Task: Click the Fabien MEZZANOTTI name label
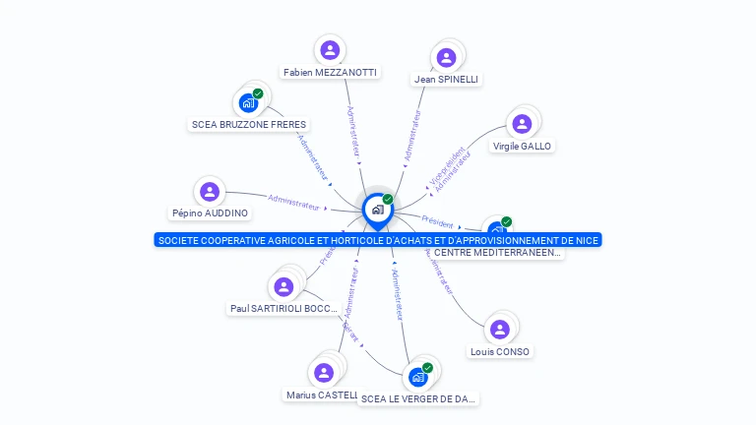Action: click(x=330, y=72)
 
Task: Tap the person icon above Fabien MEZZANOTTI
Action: click(x=330, y=50)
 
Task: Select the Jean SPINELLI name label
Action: click(x=447, y=79)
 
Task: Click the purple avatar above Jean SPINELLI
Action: click(x=447, y=57)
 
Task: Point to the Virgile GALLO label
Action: click(x=522, y=146)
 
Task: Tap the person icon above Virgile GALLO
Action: click(x=522, y=123)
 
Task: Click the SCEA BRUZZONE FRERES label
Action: click(x=249, y=125)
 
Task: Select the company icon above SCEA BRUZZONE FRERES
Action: click(x=249, y=102)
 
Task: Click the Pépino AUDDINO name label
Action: click(x=210, y=212)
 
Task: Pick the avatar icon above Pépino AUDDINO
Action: click(x=210, y=191)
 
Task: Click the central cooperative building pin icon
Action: click(x=377, y=210)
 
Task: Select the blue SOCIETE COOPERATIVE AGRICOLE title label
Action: click(x=377, y=240)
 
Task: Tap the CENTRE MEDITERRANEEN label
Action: click(x=498, y=253)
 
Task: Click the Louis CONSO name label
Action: click(x=500, y=351)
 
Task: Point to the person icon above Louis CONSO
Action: click(x=500, y=329)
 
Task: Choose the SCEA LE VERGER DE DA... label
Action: click(x=418, y=398)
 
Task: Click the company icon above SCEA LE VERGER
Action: click(x=418, y=377)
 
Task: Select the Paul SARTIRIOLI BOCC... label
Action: click(x=283, y=308)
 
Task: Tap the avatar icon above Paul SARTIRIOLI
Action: click(x=283, y=286)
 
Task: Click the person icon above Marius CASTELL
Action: click(x=323, y=373)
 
